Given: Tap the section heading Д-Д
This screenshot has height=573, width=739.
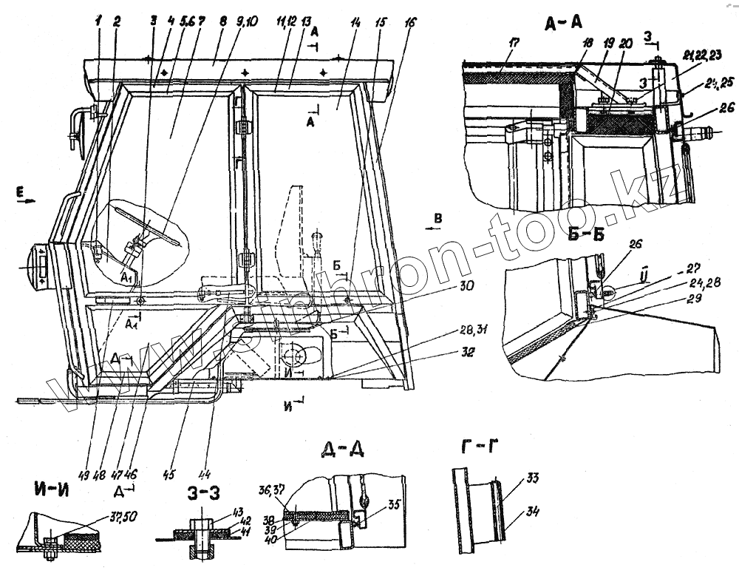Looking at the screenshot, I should pyautogui.click(x=343, y=450).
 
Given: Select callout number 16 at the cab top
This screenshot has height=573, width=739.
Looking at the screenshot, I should pyautogui.click(x=410, y=23).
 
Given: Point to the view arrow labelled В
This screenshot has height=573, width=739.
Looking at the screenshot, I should pyautogui.click(x=438, y=219).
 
